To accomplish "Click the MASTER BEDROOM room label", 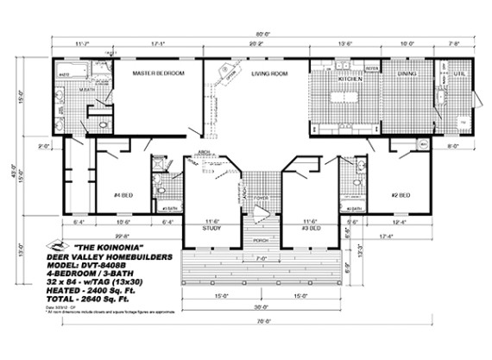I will point(158,74).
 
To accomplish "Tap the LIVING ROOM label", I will point(268,74).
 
